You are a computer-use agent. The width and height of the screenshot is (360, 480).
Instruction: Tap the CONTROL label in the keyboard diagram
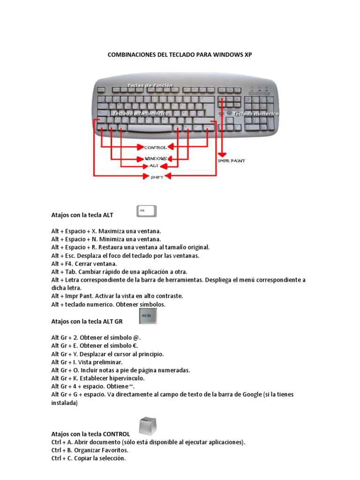155,147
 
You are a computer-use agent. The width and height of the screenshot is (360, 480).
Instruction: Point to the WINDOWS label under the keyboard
155,158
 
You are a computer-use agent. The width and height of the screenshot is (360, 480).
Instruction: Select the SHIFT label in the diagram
156,177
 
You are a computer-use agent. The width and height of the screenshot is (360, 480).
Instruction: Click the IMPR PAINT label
232,160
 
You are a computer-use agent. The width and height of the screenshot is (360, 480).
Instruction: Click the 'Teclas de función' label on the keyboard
150,85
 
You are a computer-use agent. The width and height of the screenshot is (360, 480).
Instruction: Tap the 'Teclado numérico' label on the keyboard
255,113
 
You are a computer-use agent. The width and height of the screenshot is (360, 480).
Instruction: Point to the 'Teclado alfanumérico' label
140,113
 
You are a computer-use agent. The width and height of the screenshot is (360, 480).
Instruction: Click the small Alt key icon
146,211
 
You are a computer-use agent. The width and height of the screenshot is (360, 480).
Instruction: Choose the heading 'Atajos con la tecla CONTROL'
90,434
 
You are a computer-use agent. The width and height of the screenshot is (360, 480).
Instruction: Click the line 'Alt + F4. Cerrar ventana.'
84,264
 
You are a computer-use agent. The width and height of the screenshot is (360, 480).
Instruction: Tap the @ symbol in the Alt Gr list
137,337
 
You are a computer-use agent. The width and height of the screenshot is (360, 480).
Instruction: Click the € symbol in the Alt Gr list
137,346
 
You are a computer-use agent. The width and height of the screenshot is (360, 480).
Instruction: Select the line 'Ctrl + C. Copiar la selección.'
89,458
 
